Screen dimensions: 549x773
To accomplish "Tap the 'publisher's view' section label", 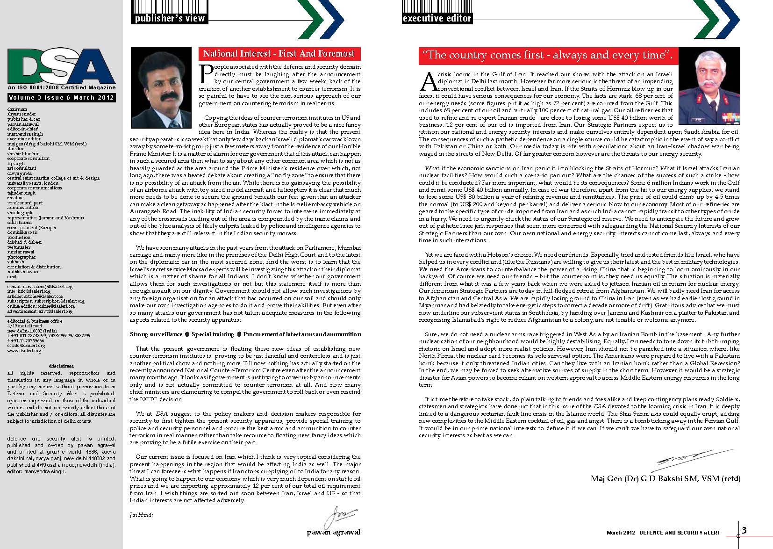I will click(170, 19).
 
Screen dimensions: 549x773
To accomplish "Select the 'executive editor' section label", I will click(437, 19).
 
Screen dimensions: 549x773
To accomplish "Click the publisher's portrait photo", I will click(161, 87).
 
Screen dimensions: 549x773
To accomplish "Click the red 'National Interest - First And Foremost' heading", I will click(279, 54).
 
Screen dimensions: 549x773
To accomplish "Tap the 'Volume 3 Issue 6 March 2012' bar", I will click(61, 98).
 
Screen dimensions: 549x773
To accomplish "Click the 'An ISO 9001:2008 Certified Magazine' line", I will click(61, 87).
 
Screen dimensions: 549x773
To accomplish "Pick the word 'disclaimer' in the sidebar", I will click(61, 366).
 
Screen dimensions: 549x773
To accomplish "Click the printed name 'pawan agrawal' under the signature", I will click(334, 532).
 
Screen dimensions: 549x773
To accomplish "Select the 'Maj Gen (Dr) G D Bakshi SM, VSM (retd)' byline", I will click(666, 478).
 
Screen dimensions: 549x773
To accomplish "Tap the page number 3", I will click(744, 530).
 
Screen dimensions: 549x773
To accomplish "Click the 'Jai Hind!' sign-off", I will click(141, 515).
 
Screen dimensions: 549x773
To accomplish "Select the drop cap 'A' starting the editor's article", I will click(427, 82).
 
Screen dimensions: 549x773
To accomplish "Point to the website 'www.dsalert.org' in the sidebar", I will click(26, 350).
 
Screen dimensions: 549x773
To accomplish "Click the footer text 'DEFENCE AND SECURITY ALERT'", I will click(680, 533).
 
